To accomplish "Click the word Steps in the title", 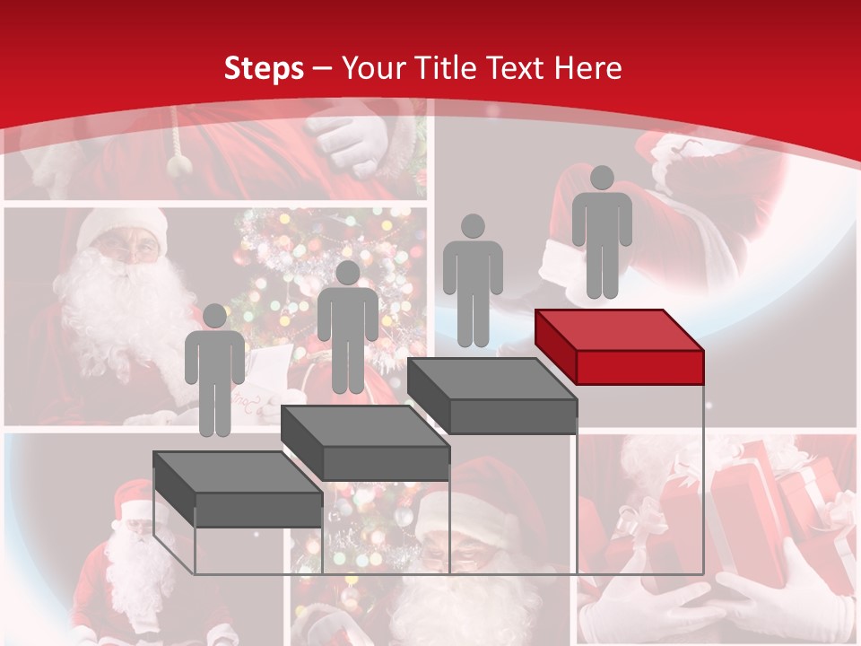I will click(x=264, y=68).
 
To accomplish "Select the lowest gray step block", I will click(x=238, y=490).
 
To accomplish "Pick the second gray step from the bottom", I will click(x=365, y=443).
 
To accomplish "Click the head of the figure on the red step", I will click(x=602, y=178).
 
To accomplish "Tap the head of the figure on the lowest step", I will click(x=215, y=315).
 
